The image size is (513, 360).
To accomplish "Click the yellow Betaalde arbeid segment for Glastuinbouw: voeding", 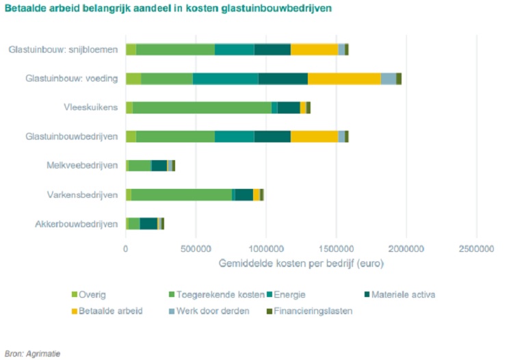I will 344,78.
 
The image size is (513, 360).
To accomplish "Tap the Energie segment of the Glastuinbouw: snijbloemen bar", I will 234,49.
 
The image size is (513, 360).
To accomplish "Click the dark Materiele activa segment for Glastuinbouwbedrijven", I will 272,136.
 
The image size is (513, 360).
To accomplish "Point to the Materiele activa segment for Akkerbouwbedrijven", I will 148,224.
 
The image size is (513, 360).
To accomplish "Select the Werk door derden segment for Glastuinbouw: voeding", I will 388,78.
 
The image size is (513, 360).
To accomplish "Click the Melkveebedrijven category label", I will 82,165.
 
